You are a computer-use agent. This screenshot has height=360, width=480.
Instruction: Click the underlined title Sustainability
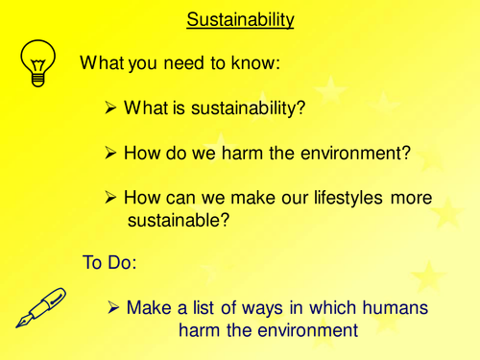tap(239, 19)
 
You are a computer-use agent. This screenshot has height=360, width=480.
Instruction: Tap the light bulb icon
tap(36, 64)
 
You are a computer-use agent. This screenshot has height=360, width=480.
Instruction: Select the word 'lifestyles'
tap(335, 198)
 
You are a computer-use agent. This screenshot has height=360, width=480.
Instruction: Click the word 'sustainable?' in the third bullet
tap(180, 222)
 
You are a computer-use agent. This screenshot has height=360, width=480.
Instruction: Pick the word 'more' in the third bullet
tap(407, 198)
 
